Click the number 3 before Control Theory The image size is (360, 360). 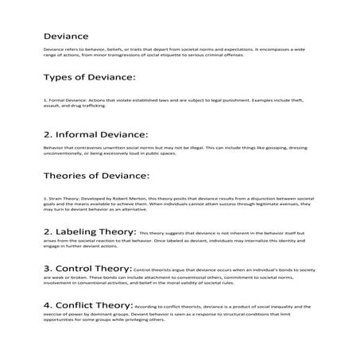47,268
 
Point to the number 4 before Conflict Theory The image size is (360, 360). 47,304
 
